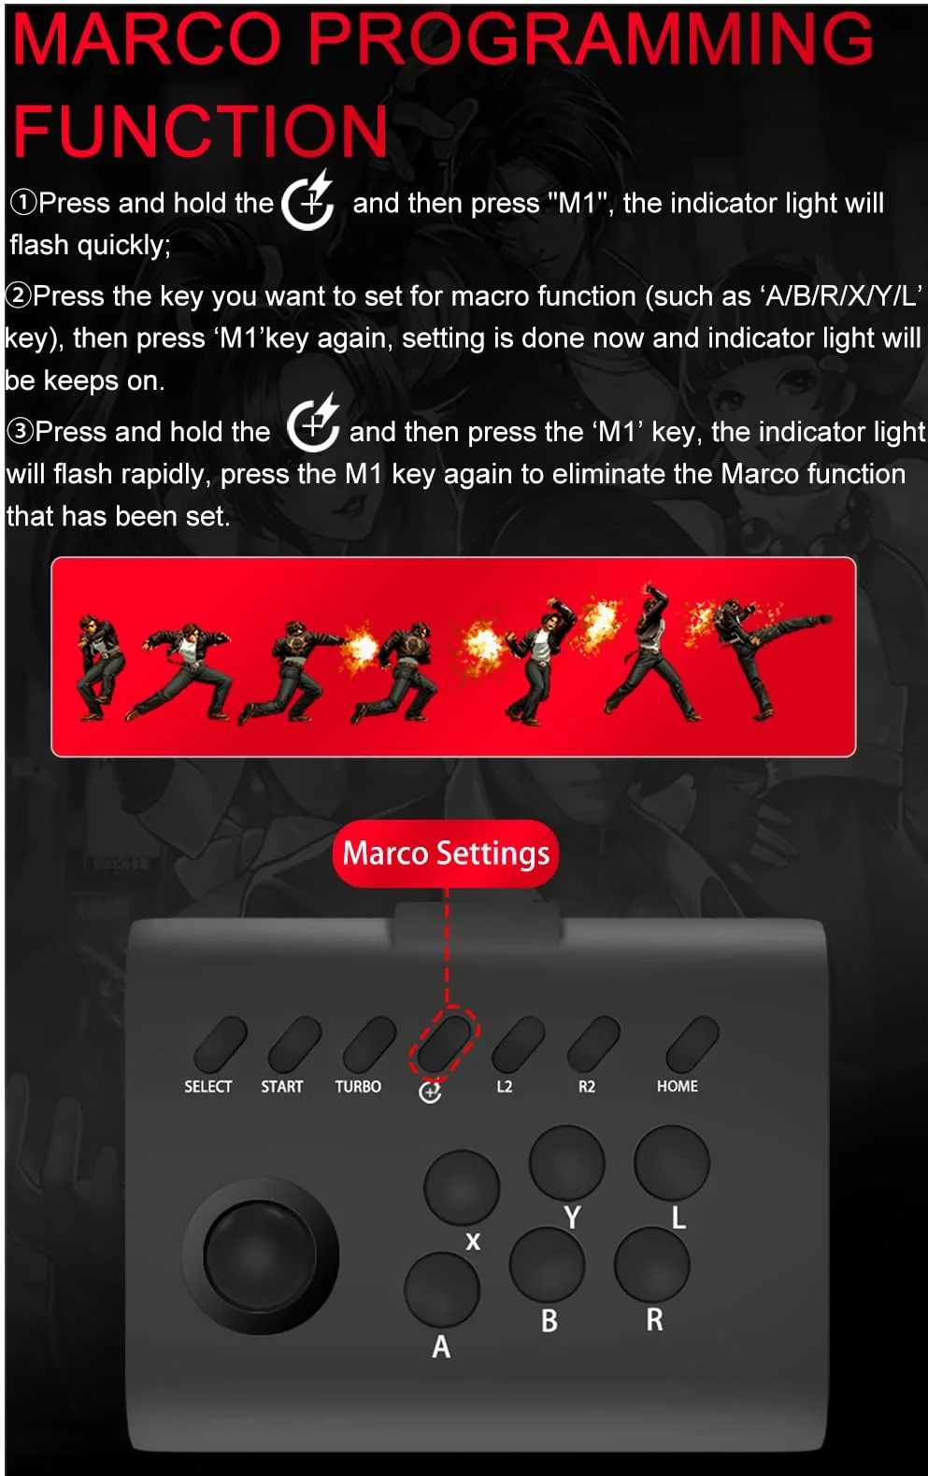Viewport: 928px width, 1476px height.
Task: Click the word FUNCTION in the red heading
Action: click(x=200, y=131)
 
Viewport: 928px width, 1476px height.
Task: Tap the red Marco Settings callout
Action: click(x=446, y=853)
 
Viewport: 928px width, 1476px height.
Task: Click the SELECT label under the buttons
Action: click(x=208, y=1086)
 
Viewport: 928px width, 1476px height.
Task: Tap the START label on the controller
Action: click(x=282, y=1086)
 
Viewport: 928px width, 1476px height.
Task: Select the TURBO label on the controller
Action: click(x=358, y=1086)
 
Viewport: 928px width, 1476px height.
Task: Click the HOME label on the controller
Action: click(x=677, y=1086)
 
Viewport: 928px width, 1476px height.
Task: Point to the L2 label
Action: click(x=505, y=1086)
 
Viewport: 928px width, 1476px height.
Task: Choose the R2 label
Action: click(x=587, y=1086)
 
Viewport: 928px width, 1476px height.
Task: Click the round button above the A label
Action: click(x=442, y=1289)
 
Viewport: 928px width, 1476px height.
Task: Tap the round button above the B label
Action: click(x=547, y=1264)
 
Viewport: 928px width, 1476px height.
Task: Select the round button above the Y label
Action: click(x=566, y=1162)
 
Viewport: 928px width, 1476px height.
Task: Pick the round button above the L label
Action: click(x=672, y=1162)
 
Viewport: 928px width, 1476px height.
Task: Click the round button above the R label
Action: click(x=652, y=1265)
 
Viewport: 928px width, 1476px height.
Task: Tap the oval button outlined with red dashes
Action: click(x=444, y=1043)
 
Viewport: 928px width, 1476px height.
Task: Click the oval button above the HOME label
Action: click(x=692, y=1044)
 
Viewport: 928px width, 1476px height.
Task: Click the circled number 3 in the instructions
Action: click(x=20, y=432)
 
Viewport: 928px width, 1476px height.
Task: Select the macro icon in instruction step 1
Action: click(x=308, y=200)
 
